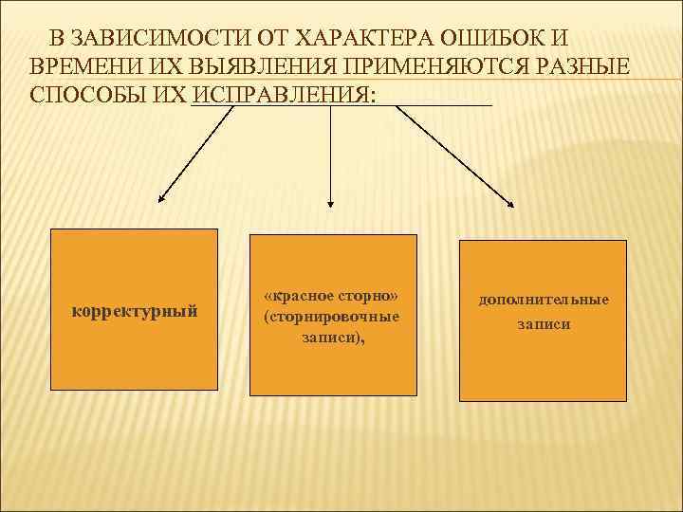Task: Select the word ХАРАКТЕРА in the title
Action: point(363,39)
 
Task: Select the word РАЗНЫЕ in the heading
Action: point(582,67)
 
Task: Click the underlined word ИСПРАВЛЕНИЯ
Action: point(283,96)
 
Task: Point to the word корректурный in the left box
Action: point(135,310)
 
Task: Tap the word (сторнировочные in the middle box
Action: point(332,317)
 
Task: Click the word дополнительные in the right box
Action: point(544,300)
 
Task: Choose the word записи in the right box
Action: point(544,323)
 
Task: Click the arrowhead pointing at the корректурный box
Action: point(161,199)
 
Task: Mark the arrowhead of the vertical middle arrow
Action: point(330,201)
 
